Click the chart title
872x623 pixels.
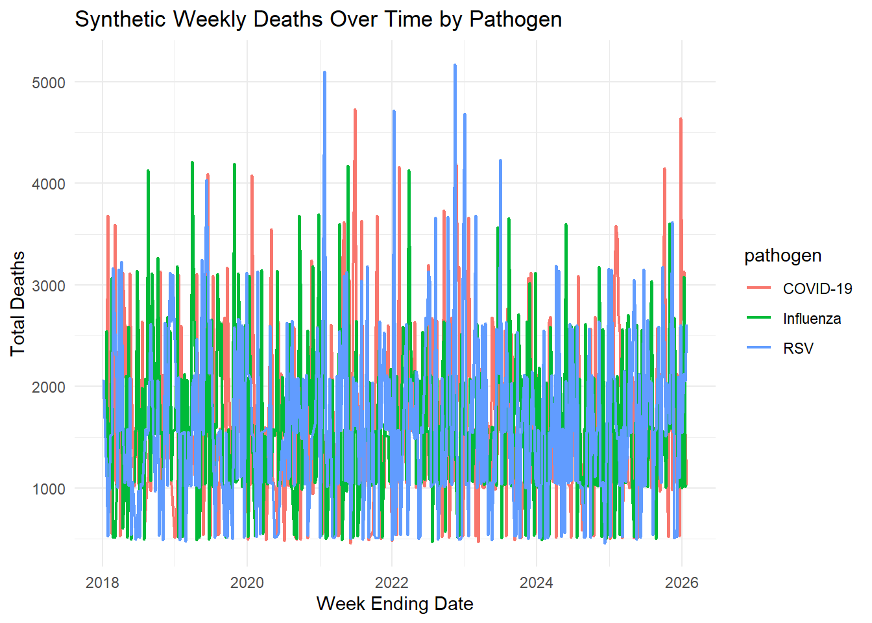pos(318,19)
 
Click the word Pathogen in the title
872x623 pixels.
pos(515,19)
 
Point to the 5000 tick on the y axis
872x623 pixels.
pos(49,82)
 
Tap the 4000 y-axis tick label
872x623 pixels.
pos(49,184)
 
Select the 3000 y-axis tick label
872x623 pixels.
pos(49,286)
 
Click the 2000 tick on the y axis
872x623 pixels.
pos(49,387)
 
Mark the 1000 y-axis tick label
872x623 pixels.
pos(49,489)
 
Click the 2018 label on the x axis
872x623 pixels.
pos(103,582)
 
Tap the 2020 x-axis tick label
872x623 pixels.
pos(247,582)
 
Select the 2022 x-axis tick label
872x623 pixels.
pos(392,582)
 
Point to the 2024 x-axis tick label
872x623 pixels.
pos(537,582)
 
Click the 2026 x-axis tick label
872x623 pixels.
pos(681,582)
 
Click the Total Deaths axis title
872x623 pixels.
pos(18,303)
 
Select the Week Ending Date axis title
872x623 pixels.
pos(394,604)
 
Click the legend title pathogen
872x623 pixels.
pos(782,256)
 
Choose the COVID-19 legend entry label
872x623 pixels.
pos(817,289)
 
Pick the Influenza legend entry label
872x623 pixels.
pos(812,319)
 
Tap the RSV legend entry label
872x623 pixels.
pos(798,348)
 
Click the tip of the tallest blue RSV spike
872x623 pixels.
pos(455,65)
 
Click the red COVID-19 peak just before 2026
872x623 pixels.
pos(681,119)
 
